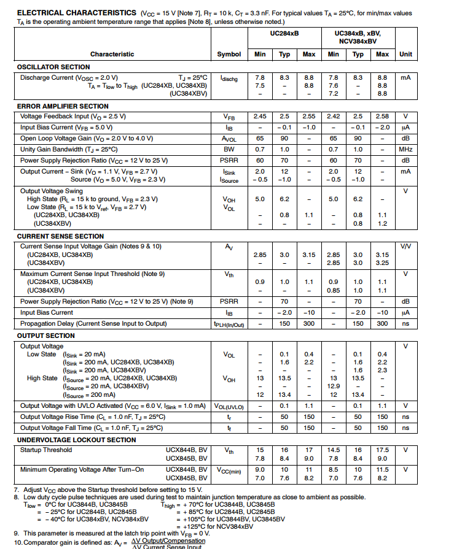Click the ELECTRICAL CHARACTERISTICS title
[77, 13]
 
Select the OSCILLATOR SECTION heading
[53, 67]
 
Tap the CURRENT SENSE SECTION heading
[60, 236]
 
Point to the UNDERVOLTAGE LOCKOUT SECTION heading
[76, 440]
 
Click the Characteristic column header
[112, 54]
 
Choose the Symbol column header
[229, 54]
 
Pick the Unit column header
[405, 54]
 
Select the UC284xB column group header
[284, 33]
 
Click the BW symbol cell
[229, 150]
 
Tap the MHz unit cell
[405, 150]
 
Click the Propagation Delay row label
[93, 323]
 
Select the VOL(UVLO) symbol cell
[229, 406]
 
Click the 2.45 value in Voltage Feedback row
[260, 117]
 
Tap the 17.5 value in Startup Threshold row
[382, 450]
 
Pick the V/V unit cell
[405, 246]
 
